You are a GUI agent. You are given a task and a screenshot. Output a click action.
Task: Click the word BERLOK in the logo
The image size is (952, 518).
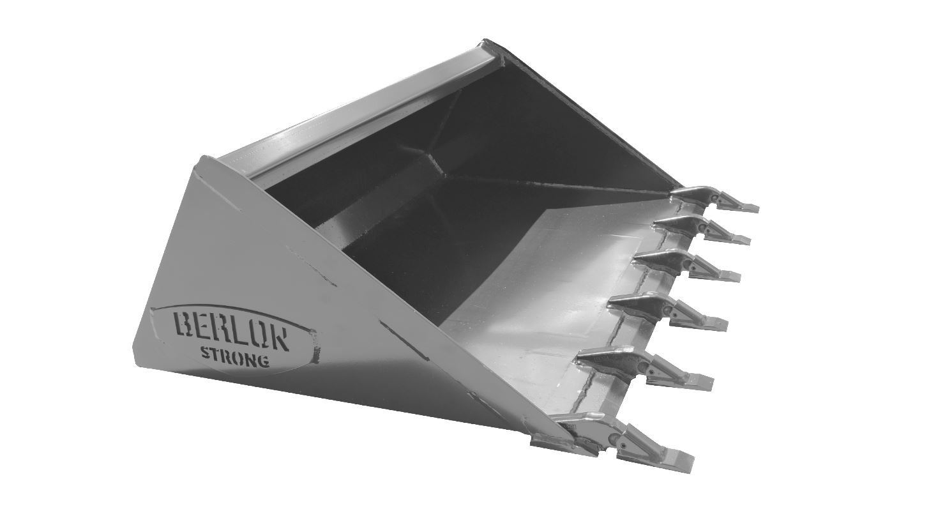pyautogui.click(x=230, y=330)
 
